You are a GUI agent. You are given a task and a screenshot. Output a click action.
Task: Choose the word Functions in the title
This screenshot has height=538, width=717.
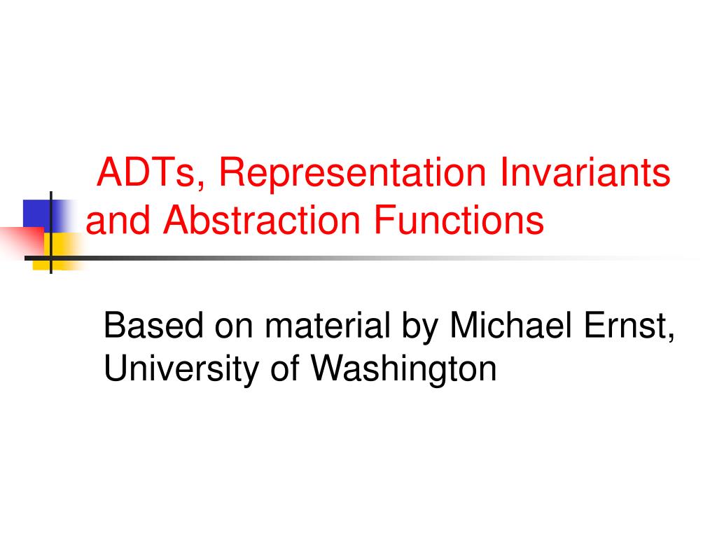coord(459,221)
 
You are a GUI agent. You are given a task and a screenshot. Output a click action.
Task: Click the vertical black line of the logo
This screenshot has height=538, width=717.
coord(50,210)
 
